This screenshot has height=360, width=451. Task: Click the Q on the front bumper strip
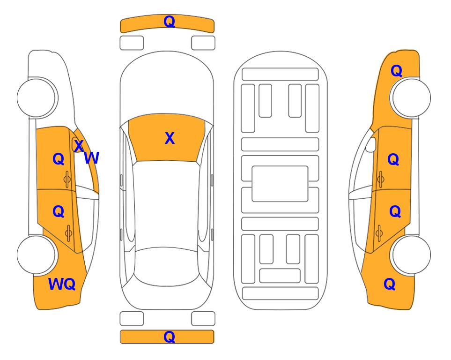169,22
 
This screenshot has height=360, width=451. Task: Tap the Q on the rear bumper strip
169,337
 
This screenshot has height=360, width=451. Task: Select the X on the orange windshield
170,138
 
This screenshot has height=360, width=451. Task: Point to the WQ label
62,284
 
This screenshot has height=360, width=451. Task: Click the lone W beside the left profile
92,158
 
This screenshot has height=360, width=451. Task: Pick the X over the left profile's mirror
79,145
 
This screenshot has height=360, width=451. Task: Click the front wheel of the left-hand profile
37,98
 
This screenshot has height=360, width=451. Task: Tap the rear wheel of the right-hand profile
411,255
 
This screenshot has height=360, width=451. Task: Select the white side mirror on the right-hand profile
371,144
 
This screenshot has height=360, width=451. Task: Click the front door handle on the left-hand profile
67,180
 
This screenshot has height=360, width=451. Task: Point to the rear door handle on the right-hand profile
379,233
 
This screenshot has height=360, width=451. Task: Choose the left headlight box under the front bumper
132,43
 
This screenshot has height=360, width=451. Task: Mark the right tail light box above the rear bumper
203,319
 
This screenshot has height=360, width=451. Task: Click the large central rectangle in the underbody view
280,184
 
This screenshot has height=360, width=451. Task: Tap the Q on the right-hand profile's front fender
396,71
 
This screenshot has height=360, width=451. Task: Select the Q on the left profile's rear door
59,212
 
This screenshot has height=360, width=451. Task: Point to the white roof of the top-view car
166,204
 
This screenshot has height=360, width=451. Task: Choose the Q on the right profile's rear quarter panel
390,284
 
